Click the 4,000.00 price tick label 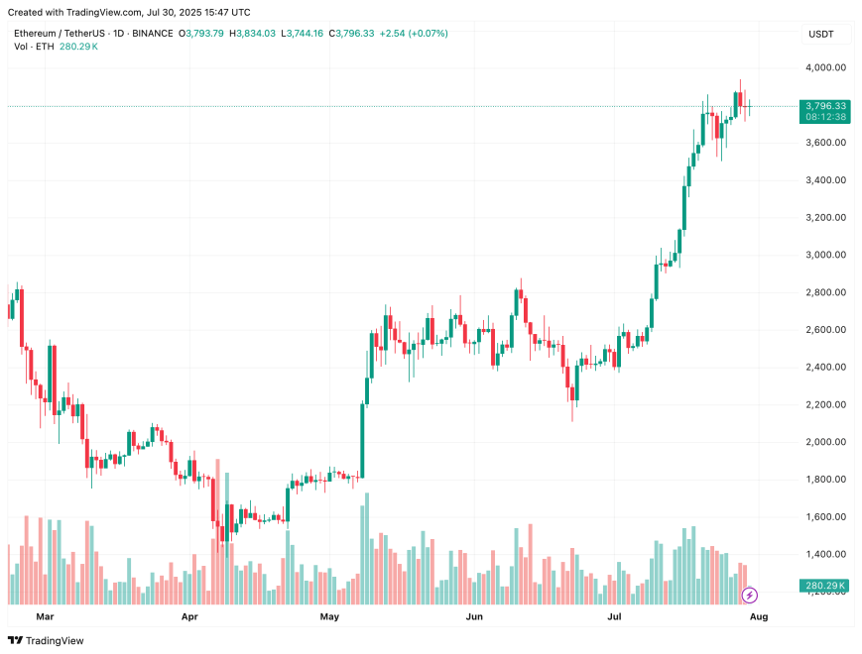coord(825,67)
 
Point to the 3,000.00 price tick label coord(825,255)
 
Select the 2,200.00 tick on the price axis coord(825,404)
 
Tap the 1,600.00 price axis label coord(825,516)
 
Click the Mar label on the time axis coord(45,616)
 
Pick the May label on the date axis coord(330,616)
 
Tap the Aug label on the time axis coord(759,616)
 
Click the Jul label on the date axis coord(615,616)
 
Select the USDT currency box coord(821,35)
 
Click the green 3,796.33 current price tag coord(825,105)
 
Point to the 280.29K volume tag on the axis coord(825,586)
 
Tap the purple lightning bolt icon coord(750,595)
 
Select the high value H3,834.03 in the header coord(254,33)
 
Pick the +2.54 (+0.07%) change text coord(414,33)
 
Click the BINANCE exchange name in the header coord(152,33)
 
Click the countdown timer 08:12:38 coord(825,117)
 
